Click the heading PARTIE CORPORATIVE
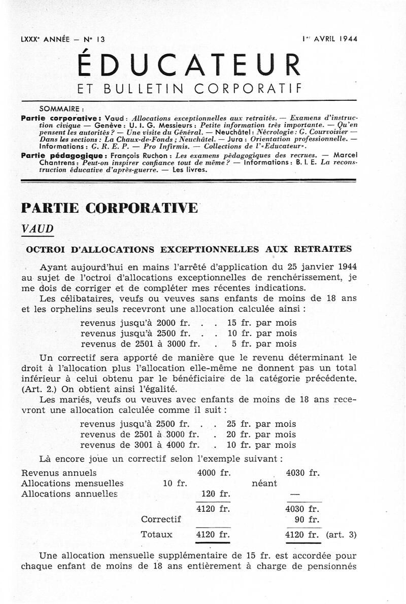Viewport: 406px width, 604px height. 109,208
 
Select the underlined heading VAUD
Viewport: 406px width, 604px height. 38,229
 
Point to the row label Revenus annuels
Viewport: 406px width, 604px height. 55,473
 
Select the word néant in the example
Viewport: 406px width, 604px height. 264,483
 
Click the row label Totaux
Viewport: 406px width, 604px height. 157,534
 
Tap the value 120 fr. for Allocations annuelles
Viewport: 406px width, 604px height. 216,494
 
